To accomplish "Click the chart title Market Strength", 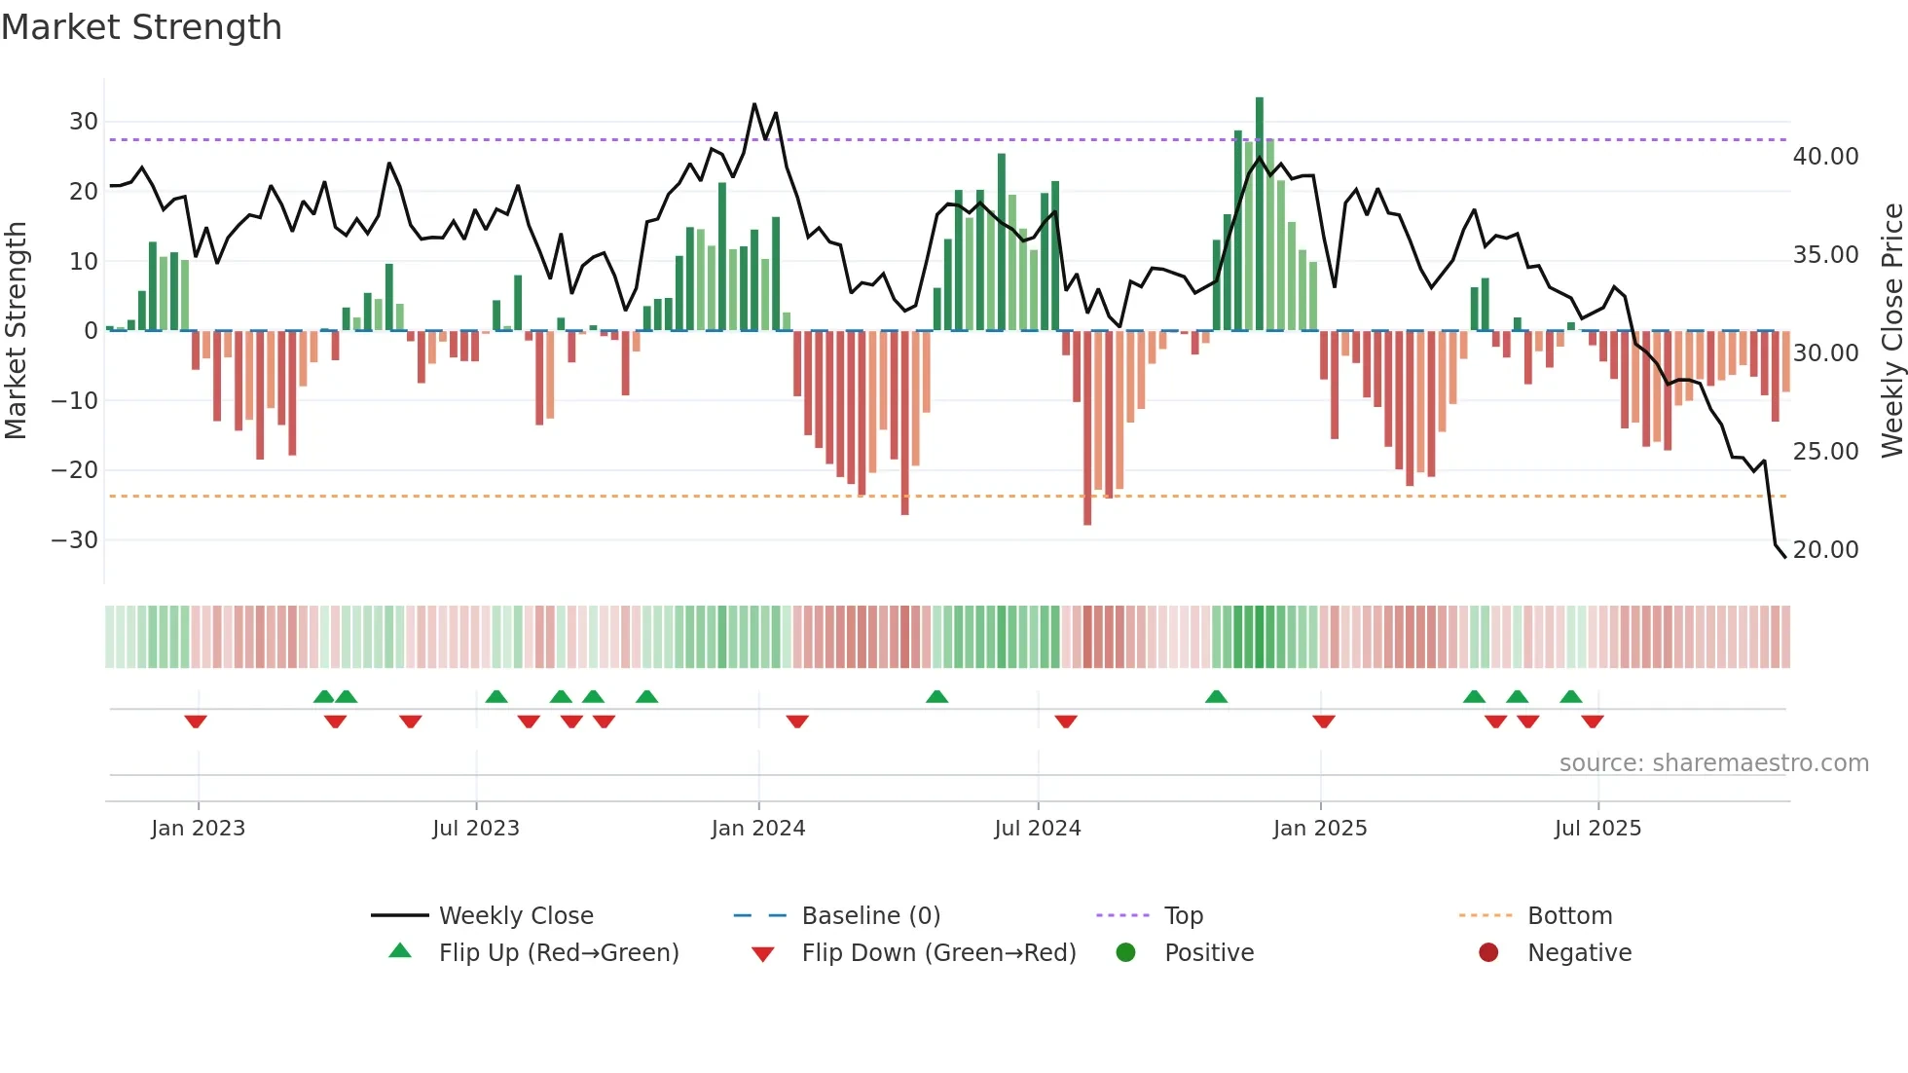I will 141,27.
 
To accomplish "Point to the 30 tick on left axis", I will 84,122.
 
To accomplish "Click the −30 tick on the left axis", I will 75,540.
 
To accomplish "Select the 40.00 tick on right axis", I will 1825,157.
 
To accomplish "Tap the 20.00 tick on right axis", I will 1825,550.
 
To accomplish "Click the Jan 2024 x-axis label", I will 758,829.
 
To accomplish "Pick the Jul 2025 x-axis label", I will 1597,829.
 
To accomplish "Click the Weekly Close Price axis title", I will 1891,331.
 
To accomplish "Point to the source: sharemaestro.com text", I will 1713,763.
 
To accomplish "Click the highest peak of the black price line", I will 754,104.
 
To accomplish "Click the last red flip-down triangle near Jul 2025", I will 1593,721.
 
